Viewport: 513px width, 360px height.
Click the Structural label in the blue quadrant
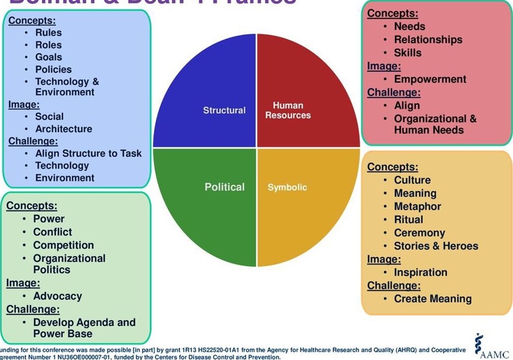[x=224, y=110]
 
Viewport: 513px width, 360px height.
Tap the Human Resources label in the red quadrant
[x=288, y=110]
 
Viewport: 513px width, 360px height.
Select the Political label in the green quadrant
[x=224, y=187]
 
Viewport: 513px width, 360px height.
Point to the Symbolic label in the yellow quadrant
[x=287, y=188]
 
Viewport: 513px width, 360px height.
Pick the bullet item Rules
[x=49, y=33]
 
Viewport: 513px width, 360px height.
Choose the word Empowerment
[x=430, y=80]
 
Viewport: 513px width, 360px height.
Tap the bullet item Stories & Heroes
[x=436, y=246]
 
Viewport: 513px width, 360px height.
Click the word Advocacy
[x=57, y=297]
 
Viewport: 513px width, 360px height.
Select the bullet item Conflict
[x=52, y=232]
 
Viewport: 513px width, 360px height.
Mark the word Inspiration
[x=420, y=273]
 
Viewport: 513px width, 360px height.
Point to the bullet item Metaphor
[x=417, y=207]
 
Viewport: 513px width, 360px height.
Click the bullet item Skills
[x=408, y=53]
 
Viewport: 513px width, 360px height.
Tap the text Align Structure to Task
[x=88, y=153]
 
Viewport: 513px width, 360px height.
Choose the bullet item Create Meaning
[x=432, y=299]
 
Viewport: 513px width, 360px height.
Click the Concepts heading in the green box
[x=31, y=206]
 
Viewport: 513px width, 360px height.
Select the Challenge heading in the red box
[x=394, y=93]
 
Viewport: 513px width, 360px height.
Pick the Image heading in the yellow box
[x=384, y=260]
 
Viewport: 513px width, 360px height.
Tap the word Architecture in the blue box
[x=64, y=129]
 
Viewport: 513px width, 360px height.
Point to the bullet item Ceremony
[x=419, y=233]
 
